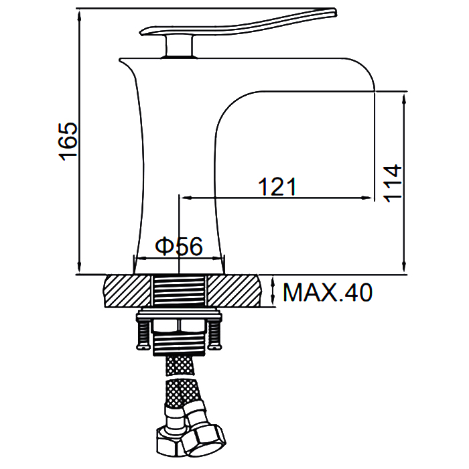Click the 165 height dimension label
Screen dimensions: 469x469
(x=68, y=141)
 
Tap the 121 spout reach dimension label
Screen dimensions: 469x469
(x=277, y=187)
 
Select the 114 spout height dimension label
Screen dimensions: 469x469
(x=392, y=183)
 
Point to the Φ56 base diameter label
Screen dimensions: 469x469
(x=179, y=247)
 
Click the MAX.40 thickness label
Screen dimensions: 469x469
(x=328, y=292)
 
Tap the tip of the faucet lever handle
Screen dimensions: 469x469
(x=336, y=12)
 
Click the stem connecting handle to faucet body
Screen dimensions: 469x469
(x=180, y=45)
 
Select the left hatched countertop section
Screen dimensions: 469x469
(x=127, y=291)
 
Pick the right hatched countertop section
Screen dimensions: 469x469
(x=234, y=291)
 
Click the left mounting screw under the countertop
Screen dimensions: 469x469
(x=143, y=335)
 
